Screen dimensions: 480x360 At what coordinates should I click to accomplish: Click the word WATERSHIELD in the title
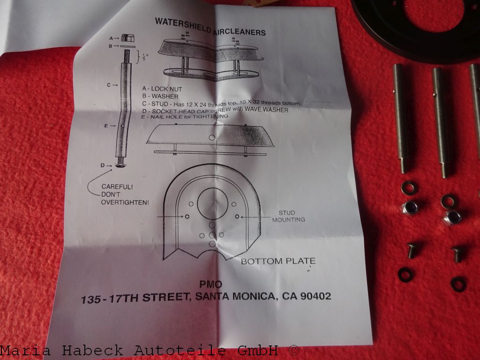pos(183,26)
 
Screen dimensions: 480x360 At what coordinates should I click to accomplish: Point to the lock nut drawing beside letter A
pos(128,38)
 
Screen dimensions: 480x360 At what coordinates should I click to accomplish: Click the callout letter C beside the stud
pos(109,85)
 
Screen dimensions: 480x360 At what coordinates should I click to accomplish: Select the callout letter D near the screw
pos(103,165)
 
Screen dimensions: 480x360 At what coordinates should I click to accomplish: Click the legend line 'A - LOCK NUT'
pos(162,89)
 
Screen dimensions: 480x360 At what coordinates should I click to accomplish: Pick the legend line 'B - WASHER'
pos(160,96)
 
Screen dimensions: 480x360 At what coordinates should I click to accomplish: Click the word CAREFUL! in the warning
pos(117,187)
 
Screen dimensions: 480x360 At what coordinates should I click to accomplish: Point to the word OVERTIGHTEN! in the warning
pos(125,202)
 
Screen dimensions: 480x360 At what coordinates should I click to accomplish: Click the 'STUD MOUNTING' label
pos(288,216)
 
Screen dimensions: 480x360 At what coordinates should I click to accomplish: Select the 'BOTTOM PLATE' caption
pos(278,261)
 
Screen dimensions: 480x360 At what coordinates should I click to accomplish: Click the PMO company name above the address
pos(210,285)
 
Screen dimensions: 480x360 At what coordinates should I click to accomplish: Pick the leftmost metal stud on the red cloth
pos(401,118)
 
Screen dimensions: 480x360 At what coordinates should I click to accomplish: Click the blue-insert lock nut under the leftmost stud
pos(410,208)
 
